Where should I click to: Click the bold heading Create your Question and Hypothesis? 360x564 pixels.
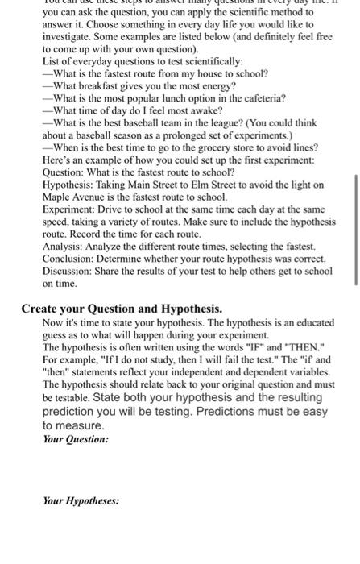pos(122,308)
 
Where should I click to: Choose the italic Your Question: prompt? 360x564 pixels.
pos(75,439)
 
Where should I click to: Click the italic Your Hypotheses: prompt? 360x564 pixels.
pos(81,500)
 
